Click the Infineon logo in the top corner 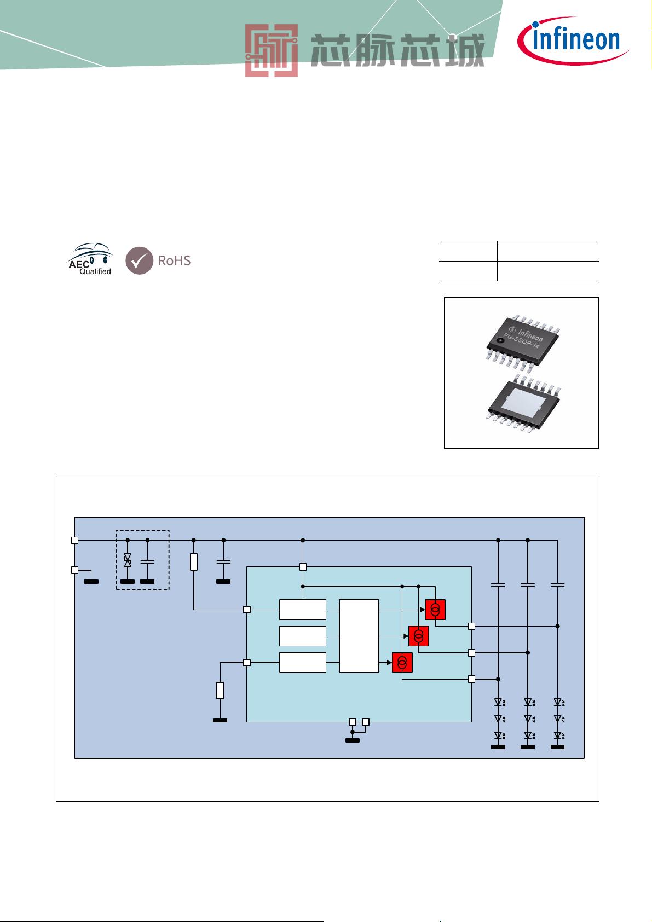click(573, 40)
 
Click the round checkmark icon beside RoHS click(139, 260)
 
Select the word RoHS click(174, 260)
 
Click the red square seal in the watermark click(272, 51)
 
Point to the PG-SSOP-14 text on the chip click(521, 342)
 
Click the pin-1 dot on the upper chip click(500, 340)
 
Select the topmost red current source click(435, 610)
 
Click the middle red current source click(418, 636)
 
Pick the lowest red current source click(402, 663)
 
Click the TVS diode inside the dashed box click(128, 560)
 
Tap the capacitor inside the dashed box click(147, 561)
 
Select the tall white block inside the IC click(359, 636)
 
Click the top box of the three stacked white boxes click(303, 610)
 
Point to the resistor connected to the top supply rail click(194, 562)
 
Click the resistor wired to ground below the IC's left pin click(221, 690)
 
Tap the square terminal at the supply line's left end click(74, 540)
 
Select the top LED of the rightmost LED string click(558, 702)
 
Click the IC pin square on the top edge click(303, 567)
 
